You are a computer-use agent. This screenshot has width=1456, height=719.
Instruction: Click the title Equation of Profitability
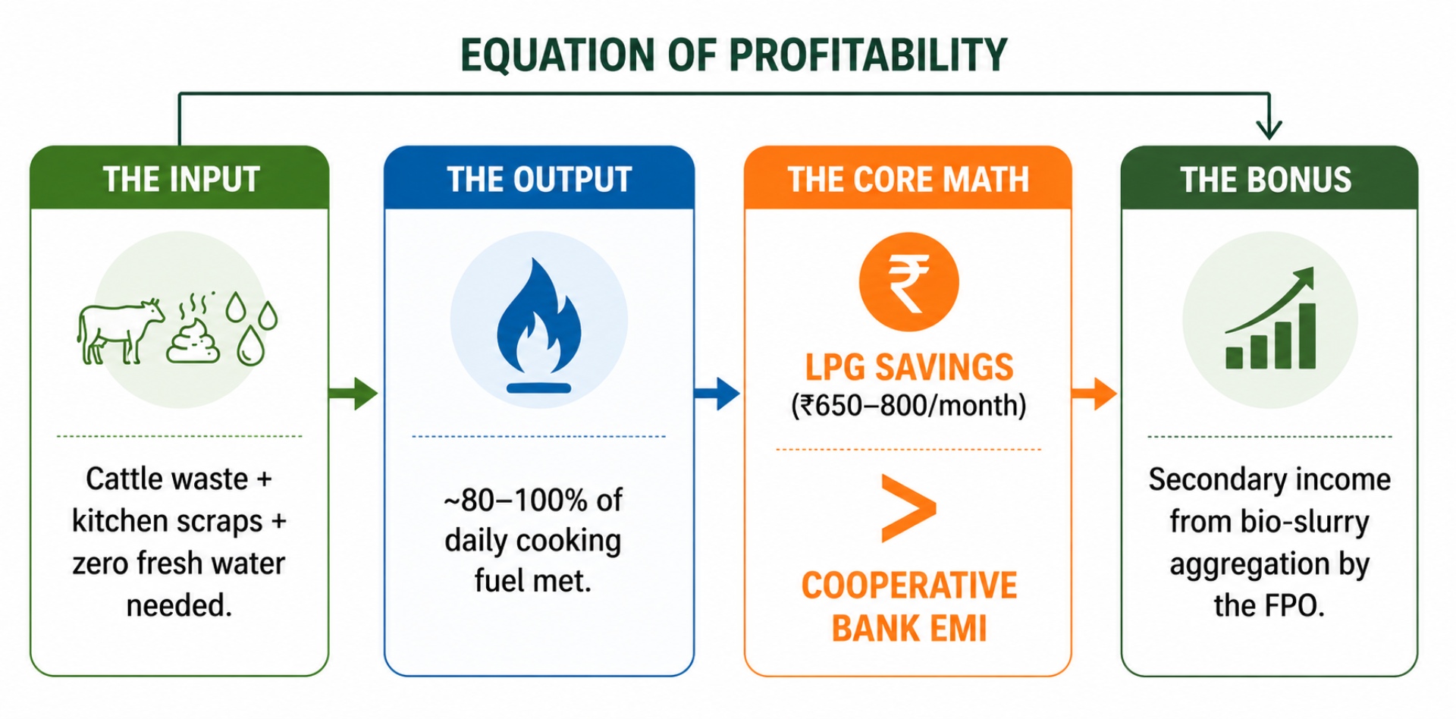click(x=733, y=55)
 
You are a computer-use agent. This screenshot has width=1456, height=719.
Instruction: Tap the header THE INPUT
click(x=181, y=180)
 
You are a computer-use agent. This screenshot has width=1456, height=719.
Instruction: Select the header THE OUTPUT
click(x=539, y=180)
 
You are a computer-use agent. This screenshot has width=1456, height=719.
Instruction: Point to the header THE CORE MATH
click(x=908, y=180)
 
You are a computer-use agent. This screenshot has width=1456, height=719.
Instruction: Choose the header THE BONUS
click(x=1266, y=180)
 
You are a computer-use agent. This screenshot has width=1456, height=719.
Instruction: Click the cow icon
click(x=120, y=331)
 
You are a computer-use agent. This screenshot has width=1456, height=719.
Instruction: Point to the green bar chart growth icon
click(x=1270, y=319)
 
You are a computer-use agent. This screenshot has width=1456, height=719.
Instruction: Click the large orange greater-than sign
click(x=908, y=508)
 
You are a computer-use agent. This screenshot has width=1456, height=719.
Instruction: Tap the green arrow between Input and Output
click(x=353, y=393)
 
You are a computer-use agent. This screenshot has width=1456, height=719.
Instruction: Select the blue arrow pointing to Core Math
click(x=717, y=393)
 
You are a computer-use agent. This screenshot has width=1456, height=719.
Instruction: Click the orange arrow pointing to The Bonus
click(x=1094, y=393)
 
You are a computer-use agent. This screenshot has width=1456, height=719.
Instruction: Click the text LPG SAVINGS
click(x=908, y=367)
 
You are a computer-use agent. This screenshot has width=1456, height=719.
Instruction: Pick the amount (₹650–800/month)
click(x=908, y=406)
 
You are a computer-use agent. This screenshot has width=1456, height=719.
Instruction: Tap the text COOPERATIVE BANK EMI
click(x=909, y=607)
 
